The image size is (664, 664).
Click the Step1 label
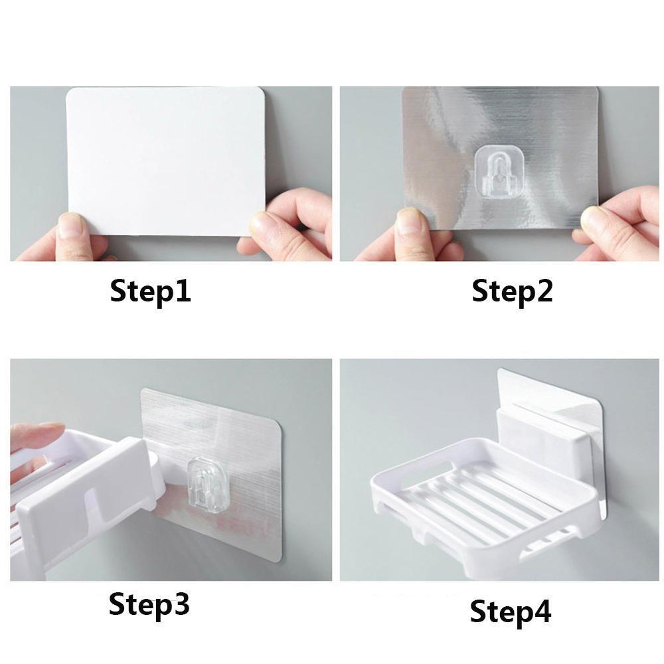(x=150, y=291)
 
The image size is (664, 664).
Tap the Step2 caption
(x=513, y=291)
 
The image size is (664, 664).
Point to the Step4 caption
(x=511, y=611)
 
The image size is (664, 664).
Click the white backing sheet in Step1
(x=165, y=161)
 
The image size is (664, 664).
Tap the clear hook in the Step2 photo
(x=497, y=173)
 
